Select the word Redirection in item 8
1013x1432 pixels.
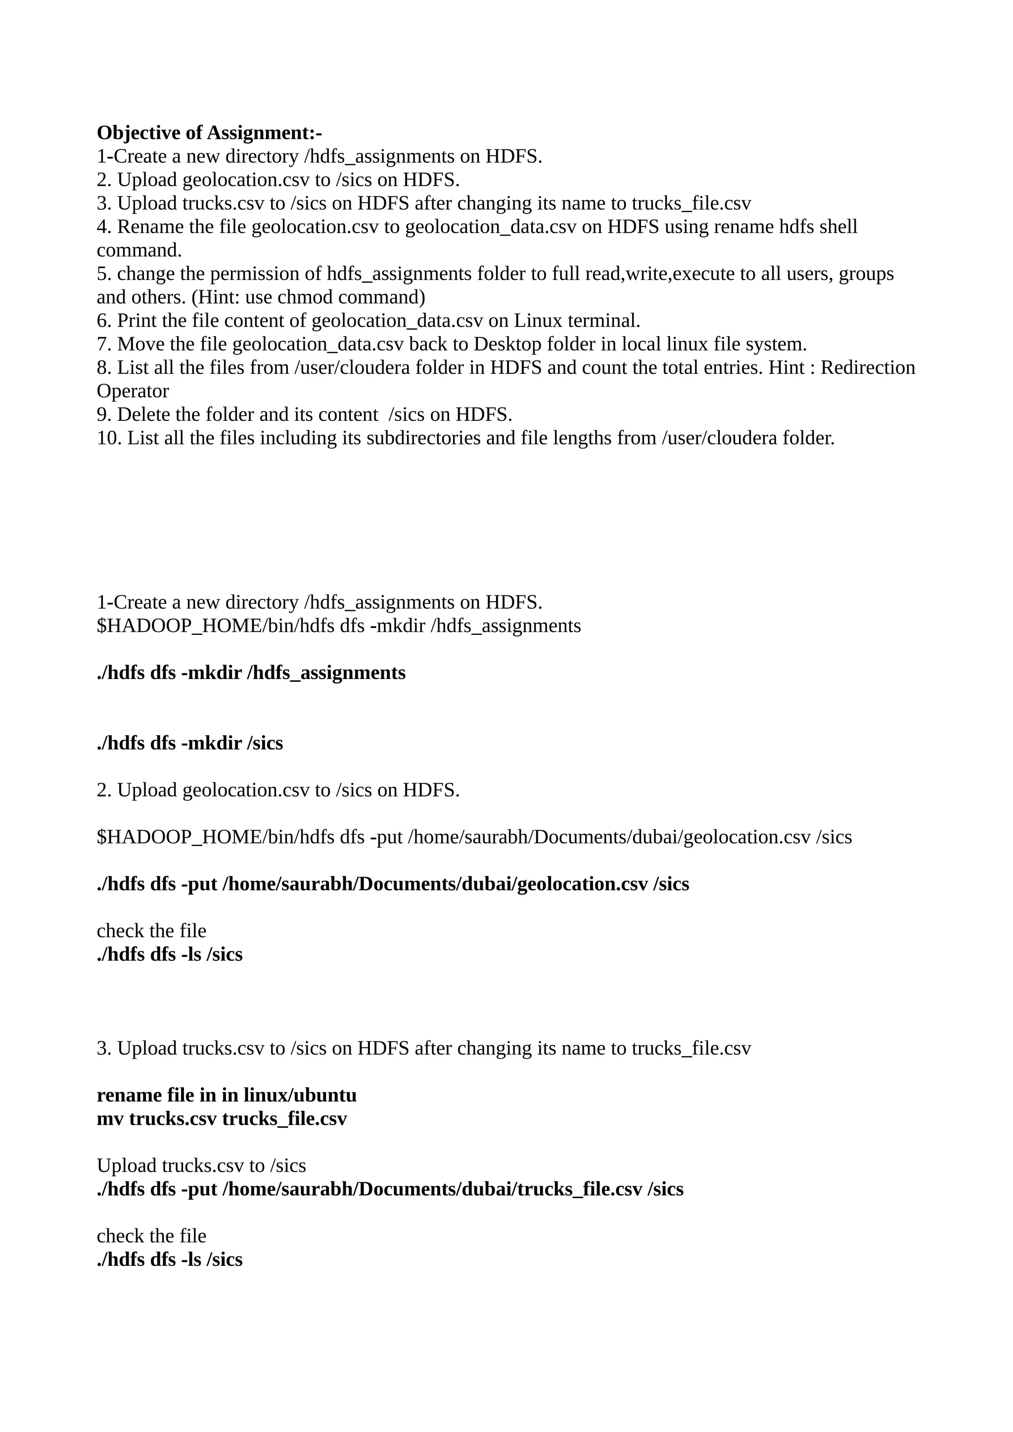point(868,367)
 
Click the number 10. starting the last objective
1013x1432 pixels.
point(109,438)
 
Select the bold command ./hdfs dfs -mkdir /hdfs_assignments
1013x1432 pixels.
point(251,673)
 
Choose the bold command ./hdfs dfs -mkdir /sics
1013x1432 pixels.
point(189,743)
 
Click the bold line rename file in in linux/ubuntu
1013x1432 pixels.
point(227,1095)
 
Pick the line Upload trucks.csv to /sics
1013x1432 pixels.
point(201,1165)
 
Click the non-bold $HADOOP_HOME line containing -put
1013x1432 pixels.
point(474,837)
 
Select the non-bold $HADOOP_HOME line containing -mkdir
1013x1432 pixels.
point(339,626)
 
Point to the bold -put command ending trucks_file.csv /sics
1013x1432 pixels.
point(390,1189)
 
